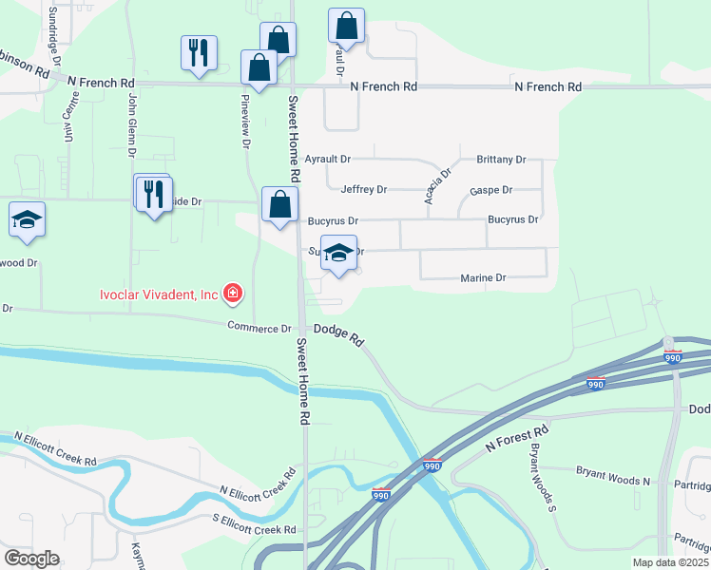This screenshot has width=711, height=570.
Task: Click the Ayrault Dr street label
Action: click(x=327, y=160)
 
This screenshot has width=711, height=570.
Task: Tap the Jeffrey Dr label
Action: click(x=364, y=190)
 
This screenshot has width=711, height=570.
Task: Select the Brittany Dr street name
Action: click(x=501, y=160)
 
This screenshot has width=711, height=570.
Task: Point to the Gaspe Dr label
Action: click(x=490, y=191)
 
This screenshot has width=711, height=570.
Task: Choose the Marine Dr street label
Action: click(x=483, y=278)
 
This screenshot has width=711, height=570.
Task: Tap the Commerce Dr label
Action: click(x=259, y=328)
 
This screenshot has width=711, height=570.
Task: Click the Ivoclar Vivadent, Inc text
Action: click(x=159, y=294)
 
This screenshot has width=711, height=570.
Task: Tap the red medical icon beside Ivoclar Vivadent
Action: click(x=231, y=294)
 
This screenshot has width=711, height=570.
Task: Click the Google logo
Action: click(x=31, y=559)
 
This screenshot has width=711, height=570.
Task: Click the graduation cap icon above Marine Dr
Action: click(x=338, y=254)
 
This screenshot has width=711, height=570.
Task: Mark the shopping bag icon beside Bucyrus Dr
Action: click(x=279, y=204)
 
